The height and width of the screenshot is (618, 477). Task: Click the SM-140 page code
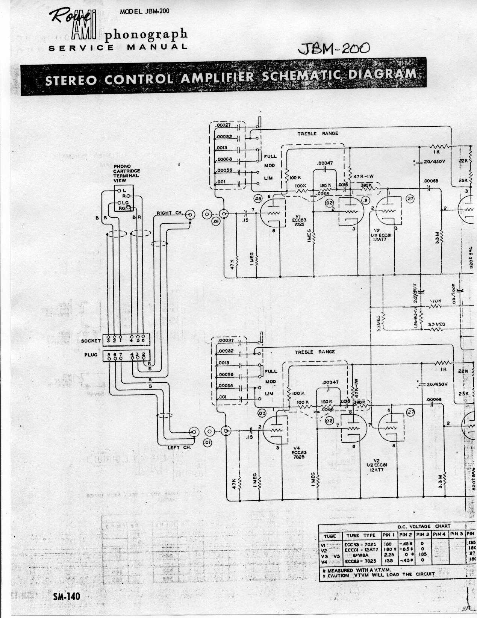click(x=67, y=597)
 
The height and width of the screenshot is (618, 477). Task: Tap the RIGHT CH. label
click(x=170, y=213)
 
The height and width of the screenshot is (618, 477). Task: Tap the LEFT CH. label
click(x=179, y=447)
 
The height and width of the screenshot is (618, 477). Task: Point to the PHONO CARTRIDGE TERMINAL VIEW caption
click(x=126, y=173)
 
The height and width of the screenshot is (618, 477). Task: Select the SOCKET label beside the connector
click(x=91, y=341)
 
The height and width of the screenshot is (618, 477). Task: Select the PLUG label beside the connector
click(x=91, y=355)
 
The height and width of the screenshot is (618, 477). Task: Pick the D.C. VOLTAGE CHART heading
click(x=424, y=526)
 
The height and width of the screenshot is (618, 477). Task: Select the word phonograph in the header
click(x=146, y=35)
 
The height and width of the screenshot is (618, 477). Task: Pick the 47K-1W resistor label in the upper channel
click(x=363, y=176)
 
